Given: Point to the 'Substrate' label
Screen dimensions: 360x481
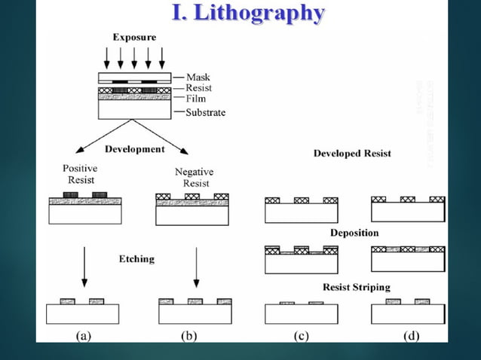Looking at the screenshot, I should pos(205,113).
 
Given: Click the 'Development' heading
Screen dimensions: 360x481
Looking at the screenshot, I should pos(134,149).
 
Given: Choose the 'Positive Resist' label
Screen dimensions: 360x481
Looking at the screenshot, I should pos(80,175).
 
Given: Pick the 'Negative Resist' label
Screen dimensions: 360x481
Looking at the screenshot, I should pos(194,178).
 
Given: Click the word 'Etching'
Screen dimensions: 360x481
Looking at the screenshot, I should pos(136,259).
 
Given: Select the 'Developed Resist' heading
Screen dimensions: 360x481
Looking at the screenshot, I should pos(352,154).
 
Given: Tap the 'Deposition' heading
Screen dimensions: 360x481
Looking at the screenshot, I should pos(354,233).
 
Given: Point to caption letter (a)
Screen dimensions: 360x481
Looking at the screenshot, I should pos(85,336).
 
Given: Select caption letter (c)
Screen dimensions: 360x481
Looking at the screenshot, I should pos(302,336).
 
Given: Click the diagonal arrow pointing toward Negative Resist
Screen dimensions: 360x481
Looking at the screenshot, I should pos(179,144).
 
